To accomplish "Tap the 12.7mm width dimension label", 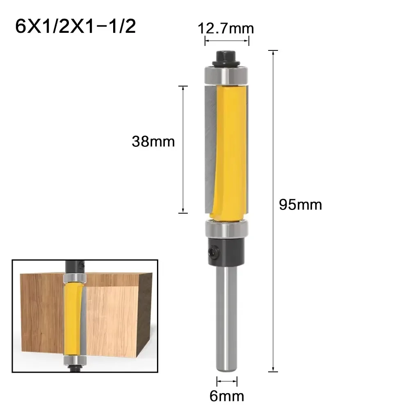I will pos(226,28).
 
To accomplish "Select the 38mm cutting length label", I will pos(153,141).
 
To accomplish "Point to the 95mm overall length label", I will pos(300,204).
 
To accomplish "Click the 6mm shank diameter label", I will pos(226,396).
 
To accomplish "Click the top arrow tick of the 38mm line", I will pos(183,87).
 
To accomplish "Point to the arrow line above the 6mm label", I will pos(226,381).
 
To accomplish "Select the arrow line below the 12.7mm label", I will pos(227,41).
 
